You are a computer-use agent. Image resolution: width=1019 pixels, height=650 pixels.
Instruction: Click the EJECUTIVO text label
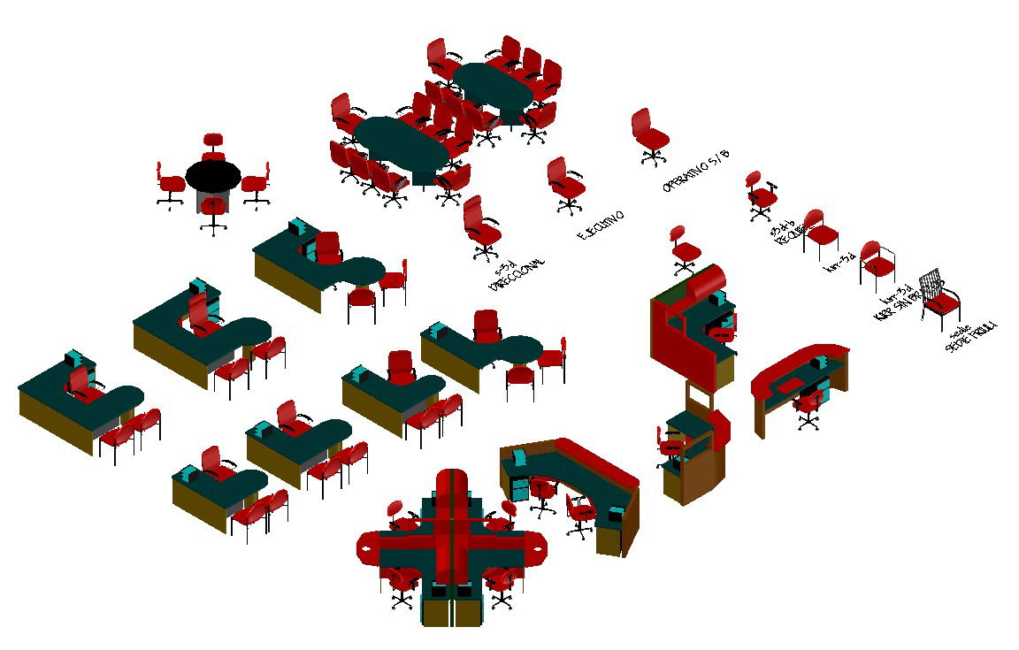tap(601, 226)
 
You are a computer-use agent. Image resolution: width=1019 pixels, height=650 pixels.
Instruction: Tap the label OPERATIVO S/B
tap(698, 171)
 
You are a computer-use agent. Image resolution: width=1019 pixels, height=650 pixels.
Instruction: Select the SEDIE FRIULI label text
tap(970, 338)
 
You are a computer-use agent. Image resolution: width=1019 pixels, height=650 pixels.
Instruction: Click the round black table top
tap(213, 174)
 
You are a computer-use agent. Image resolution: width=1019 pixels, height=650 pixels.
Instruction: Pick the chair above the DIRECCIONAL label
tap(480, 226)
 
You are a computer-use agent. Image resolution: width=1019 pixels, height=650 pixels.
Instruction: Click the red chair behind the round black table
tap(212, 145)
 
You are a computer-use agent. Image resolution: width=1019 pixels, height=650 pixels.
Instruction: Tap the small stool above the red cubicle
tap(681, 248)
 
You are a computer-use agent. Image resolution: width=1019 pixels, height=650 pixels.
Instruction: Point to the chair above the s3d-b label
tap(759, 194)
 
